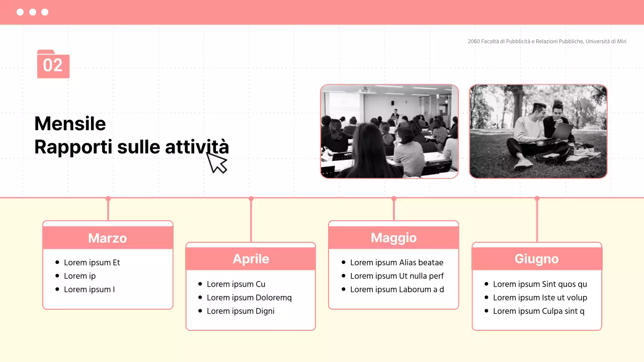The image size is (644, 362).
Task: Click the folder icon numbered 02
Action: tap(53, 64)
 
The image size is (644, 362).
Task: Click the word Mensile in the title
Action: tap(70, 124)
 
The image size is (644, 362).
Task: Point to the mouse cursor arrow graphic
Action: tap(216, 162)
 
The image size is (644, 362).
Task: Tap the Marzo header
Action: tap(108, 238)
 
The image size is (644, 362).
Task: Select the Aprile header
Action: tap(251, 259)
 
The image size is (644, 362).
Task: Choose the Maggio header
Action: tap(393, 238)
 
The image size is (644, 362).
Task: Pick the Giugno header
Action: tap(536, 259)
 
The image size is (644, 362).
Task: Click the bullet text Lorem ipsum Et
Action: tap(92, 262)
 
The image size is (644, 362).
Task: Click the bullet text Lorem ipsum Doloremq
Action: tap(249, 298)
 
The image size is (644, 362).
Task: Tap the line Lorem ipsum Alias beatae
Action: tap(396, 262)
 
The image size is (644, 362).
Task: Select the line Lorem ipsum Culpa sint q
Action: tap(538, 311)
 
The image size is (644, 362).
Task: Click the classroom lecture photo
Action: tap(389, 131)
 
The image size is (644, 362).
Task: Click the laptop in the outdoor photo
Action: tap(562, 132)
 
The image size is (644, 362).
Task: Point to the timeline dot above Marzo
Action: tap(108, 199)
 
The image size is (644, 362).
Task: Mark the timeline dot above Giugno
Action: tap(537, 199)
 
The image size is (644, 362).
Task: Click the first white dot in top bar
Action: tap(20, 12)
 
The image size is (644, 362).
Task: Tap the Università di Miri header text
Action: tap(547, 41)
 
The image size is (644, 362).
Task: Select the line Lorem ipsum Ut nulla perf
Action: tap(396, 276)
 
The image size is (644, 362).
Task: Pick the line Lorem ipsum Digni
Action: tap(240, 311)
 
